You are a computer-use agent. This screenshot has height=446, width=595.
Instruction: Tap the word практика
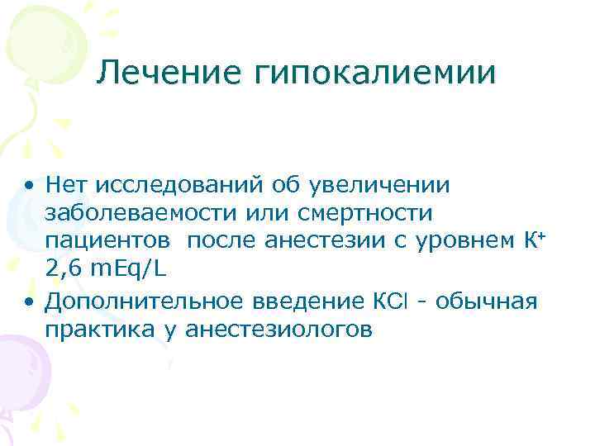(92, 330)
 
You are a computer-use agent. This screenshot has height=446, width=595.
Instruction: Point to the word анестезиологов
(280, 330)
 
